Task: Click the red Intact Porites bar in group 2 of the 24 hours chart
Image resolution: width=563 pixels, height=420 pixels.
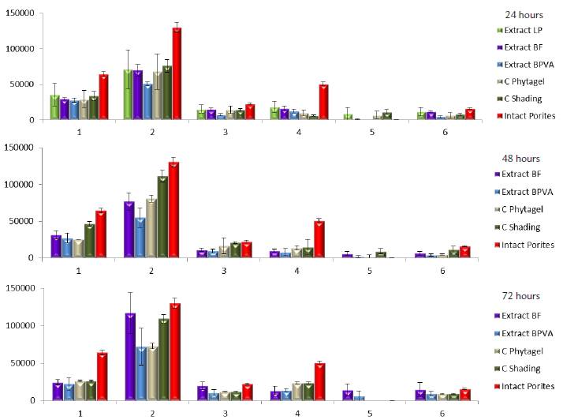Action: pos(177,73)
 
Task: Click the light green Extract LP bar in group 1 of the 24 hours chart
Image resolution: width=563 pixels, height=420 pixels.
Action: pos(54,107)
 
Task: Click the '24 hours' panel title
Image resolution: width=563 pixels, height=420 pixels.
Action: pos(520,14)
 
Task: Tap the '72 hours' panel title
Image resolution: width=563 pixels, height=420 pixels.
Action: pos(520,296)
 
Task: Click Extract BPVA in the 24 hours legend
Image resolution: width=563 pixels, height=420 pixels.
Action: pos(524,66)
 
